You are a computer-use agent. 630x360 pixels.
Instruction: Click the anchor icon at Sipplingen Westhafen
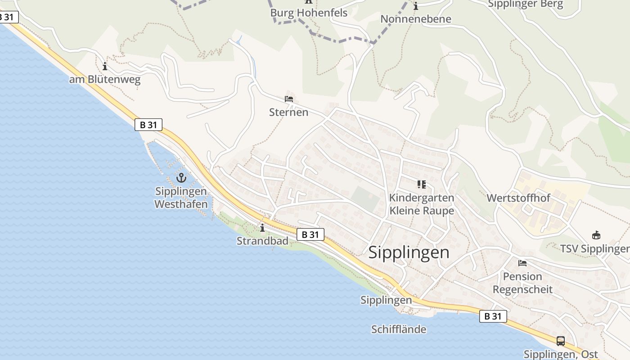pos(181,178)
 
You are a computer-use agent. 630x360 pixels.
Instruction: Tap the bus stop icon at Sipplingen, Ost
pos(560,341)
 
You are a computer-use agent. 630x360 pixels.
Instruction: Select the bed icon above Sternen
pos(289,99)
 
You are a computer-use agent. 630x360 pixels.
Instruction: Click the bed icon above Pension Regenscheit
pos(522,263)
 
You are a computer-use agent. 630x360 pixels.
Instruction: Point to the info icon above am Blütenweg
pos(105,67)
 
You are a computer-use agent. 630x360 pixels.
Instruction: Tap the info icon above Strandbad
pos(262,228)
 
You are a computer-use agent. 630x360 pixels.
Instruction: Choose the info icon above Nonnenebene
pos(415,6)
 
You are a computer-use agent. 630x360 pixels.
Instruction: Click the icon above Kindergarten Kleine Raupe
pos(421,184)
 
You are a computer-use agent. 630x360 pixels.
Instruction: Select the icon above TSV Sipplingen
pos(596,235)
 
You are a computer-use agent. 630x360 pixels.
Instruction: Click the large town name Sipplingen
pos(409,252)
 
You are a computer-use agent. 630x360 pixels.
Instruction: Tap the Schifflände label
pos(399,329)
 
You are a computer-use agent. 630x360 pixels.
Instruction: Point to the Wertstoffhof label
pos(518,198)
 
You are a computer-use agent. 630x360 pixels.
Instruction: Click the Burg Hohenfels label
pos(309,13)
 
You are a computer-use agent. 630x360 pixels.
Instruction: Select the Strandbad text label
pos(262,241)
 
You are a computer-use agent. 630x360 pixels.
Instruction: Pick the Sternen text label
pos(288,112)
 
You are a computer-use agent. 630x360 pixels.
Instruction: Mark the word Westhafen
pos(181,204)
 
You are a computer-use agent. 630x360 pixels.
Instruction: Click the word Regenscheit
pos(522,289)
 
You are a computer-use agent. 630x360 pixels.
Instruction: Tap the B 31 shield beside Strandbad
pos(310,234)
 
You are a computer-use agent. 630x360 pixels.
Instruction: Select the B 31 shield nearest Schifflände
pos(493,316)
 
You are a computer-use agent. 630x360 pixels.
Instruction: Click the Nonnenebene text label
pos(415,19)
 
